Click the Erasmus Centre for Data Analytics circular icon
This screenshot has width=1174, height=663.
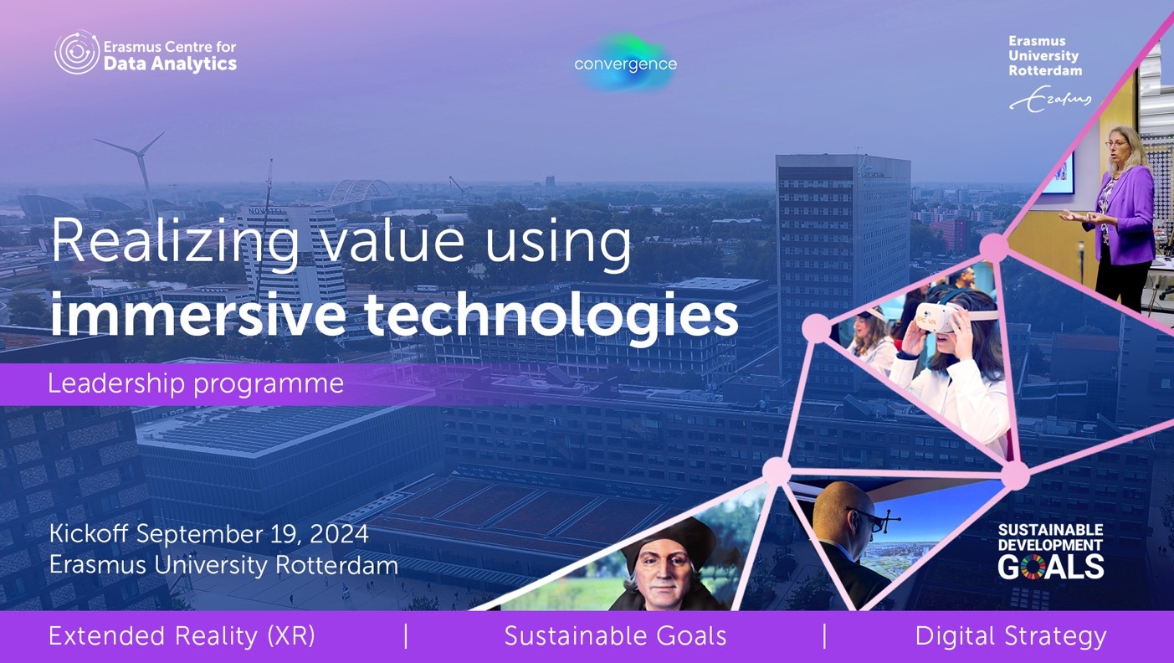click(x=77, y=52)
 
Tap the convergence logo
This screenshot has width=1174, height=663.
click(x=625, y=63)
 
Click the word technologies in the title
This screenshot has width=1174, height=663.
click(x=551, y=316)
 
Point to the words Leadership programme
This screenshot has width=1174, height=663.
click(x=196, y=384)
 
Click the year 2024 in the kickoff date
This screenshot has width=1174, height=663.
click(x=339, y=534)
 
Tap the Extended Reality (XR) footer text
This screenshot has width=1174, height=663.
click(x=182, y=636)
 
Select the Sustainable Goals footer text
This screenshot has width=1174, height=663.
click(x=615, y=636)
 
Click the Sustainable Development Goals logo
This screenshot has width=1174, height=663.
click(x=1051, y=552)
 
